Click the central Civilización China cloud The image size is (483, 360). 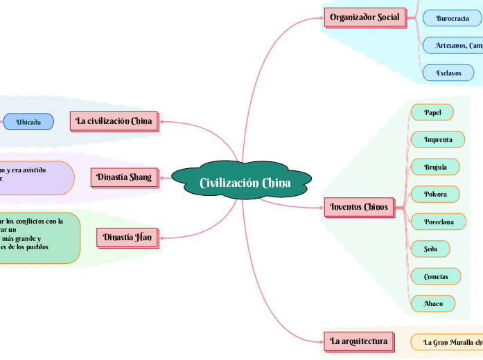coord(245,183)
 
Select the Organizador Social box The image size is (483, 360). coord(365,17)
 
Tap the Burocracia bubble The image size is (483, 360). coord(452,18)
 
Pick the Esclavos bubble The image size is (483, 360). coord(448,73)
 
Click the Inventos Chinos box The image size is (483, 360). coord(359,207)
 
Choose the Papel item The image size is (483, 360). coord(432,112)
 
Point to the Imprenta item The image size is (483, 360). coord(437,139)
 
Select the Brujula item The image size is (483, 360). coord(435,167)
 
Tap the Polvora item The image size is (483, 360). coord(436,194)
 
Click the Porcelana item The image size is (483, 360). coord(438,222)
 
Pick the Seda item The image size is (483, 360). coord(430,249)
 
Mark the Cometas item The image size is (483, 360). coord(436,276)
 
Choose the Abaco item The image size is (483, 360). coord(433,303)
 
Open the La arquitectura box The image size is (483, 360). coord(359,341)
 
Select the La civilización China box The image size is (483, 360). coord(114,121)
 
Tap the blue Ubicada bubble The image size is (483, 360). coord(28,122)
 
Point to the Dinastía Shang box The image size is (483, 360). coord(124,177)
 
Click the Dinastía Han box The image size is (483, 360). coord(127,237)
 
